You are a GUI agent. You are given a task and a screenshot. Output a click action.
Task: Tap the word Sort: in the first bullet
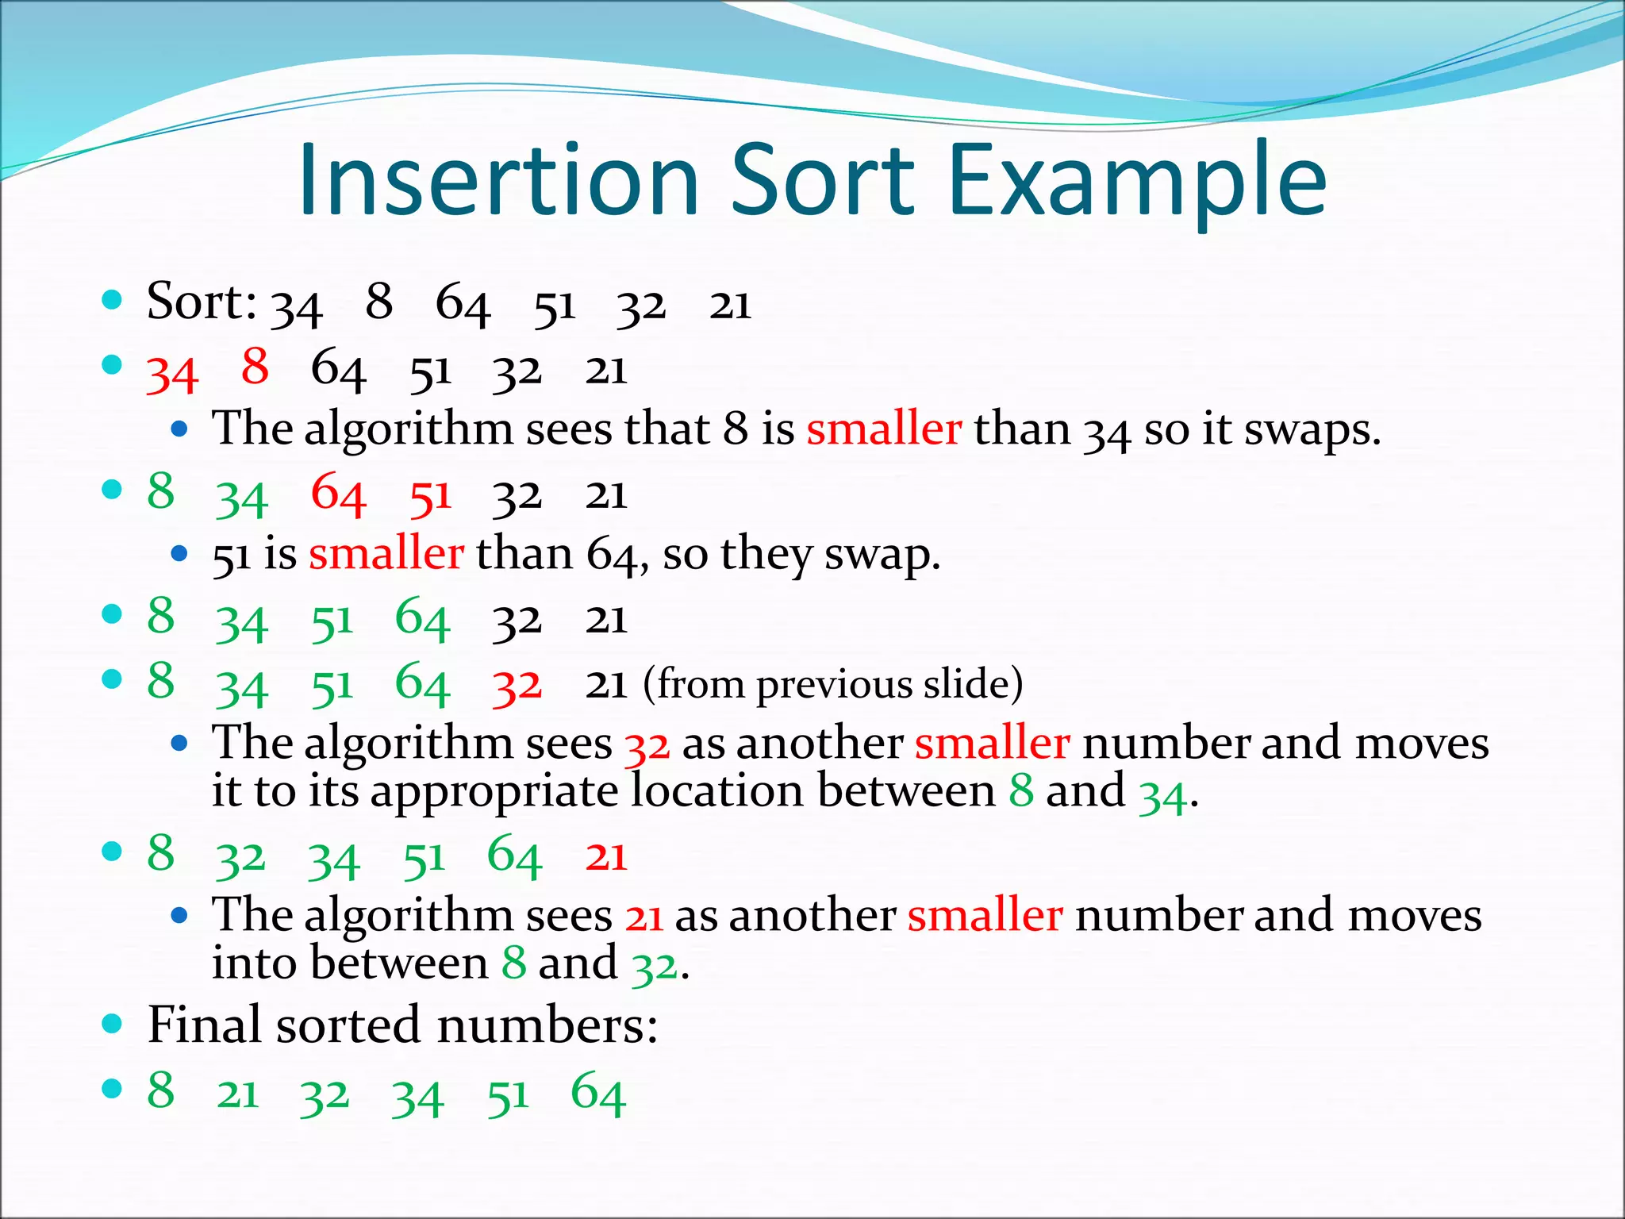click(202, 302)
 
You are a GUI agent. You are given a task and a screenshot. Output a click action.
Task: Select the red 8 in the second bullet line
click(255, 367)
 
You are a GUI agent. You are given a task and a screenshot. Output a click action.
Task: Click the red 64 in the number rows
click(338, 494)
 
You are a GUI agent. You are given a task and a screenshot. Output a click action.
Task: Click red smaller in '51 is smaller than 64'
click(386, 553)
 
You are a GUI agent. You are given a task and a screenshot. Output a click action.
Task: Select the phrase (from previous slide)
click(833, 684)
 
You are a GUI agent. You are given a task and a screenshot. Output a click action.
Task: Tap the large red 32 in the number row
click(517, 686)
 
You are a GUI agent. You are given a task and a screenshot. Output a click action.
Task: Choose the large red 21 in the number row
click(606, 857)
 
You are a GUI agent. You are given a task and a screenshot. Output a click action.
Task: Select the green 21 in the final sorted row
click(238, 1095)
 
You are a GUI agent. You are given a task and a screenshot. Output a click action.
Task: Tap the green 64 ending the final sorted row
click(598, 1094)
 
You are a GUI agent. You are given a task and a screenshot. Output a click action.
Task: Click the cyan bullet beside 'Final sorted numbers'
click(113, 1023)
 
